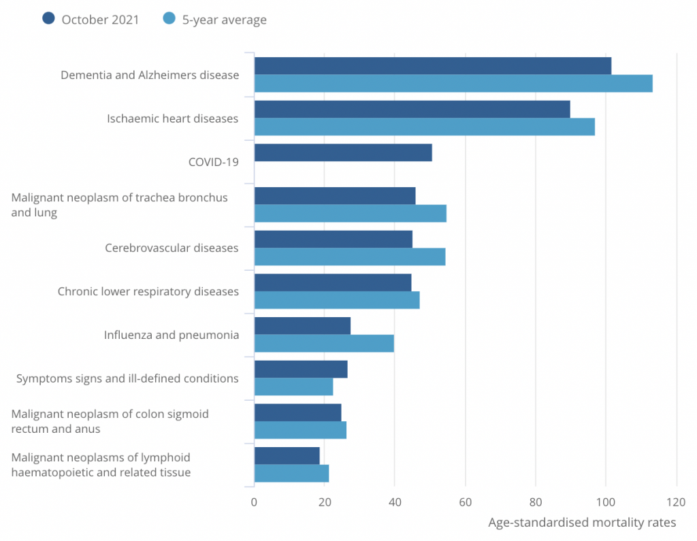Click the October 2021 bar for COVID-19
(343, 152)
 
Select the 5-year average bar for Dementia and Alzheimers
(453, 84)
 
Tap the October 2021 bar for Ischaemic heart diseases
(412, 110)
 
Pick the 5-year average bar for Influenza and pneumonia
(324, 344)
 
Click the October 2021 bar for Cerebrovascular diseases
(333, 240)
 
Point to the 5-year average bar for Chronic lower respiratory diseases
(337, 300)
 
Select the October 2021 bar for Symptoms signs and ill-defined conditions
(301, 369)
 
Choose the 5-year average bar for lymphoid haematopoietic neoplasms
(291, 474)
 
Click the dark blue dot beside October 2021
(48, 19)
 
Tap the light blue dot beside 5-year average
(169, 19)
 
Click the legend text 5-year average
(224, 20)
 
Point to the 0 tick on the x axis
(255, 502)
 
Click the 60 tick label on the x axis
(465, 502)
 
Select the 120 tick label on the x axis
(675, 502)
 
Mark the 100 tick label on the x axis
(605, 502)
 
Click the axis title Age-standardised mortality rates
(582, 523)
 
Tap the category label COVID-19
(214, 162)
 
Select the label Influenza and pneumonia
(171, 335)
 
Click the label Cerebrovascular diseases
(172, 248)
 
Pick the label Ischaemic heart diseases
(173, 118)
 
